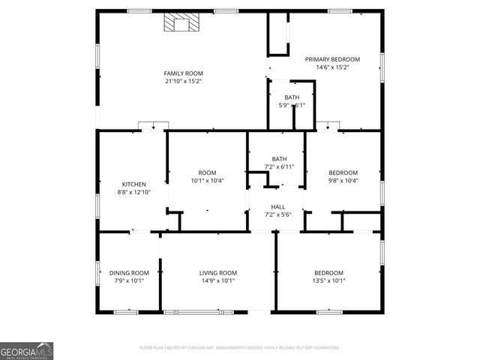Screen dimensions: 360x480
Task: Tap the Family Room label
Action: pos(184,73)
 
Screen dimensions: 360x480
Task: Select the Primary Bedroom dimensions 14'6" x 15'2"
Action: pos(331,67)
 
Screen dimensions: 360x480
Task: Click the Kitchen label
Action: pos(134,184)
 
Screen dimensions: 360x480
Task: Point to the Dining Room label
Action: pos(130,273)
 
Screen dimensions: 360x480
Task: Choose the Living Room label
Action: pos(218,273)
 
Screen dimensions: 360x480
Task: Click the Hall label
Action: pos(278,207)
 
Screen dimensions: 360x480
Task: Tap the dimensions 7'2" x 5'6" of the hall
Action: pos(278,215)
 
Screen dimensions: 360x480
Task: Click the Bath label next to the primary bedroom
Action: pos(292,97)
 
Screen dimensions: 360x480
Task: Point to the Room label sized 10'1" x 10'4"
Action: pos(207,172)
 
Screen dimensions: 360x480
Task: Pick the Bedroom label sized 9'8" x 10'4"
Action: pos(343,172)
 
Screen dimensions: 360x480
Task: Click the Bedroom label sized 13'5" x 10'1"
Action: pos(328,273)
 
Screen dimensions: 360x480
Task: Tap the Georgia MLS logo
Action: pos(27,351)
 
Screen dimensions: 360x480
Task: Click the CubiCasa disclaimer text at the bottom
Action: pos(240,348)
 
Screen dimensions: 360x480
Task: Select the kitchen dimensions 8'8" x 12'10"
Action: pos(134,193)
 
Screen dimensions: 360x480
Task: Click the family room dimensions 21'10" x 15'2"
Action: pos(184,81)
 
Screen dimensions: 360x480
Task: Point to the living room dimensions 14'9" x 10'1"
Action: pos(218,281)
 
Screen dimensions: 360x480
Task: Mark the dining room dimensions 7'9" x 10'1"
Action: pos(130,281)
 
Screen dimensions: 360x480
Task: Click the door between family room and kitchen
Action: pos(153,126)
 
